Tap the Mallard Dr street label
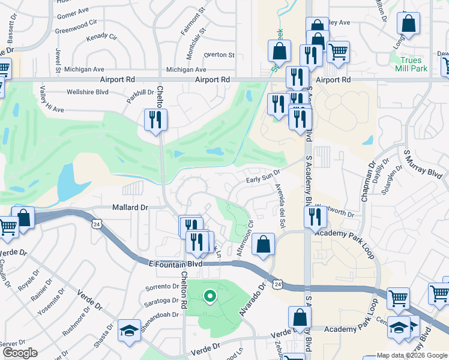point(130,207)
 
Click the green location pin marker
point(209,296)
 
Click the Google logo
point(19,353)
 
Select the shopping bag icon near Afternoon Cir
point(264,244)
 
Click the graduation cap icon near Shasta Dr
point(128,331)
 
